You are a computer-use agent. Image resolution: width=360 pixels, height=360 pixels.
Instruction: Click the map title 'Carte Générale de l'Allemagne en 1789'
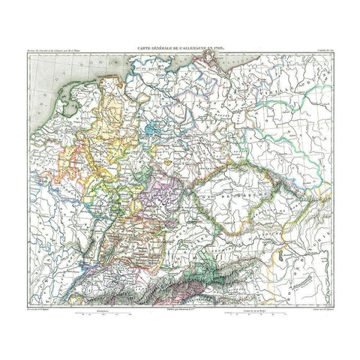pos(180,47)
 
